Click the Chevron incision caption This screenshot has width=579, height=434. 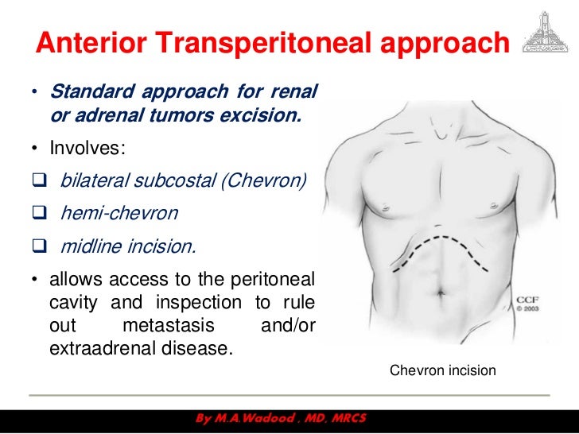point(443,370)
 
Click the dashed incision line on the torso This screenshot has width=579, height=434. point(445,239)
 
